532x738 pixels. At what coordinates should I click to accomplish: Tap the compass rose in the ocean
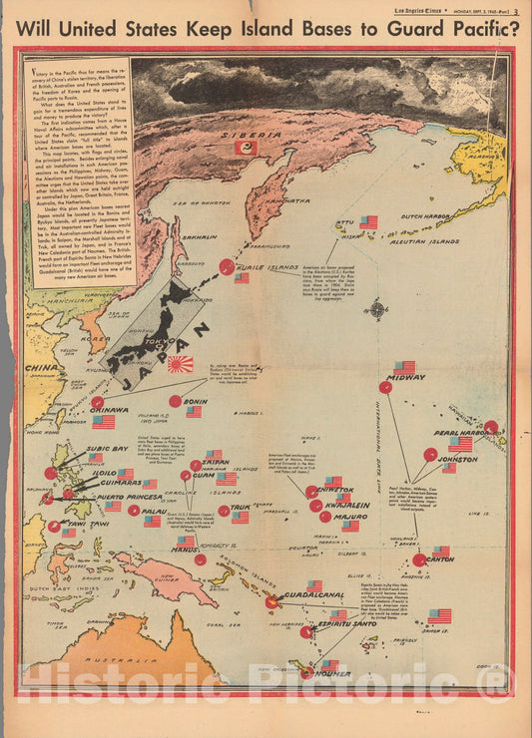coord(377,309)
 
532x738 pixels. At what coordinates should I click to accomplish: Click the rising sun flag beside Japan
coord(180,364)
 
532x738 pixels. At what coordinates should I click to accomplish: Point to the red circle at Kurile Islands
coord(228,266)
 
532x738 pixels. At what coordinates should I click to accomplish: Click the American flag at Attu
coord(369,221)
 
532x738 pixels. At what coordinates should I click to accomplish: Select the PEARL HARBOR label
coord(460,433)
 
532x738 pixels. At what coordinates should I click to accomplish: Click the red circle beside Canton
coord(419,559)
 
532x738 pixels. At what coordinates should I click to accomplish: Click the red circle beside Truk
coord(225,511)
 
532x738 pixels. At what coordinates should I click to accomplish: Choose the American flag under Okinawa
coord(104,422)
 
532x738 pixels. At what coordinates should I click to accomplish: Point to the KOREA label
coord(95,338)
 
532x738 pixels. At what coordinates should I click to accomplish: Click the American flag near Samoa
coord(439,615)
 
